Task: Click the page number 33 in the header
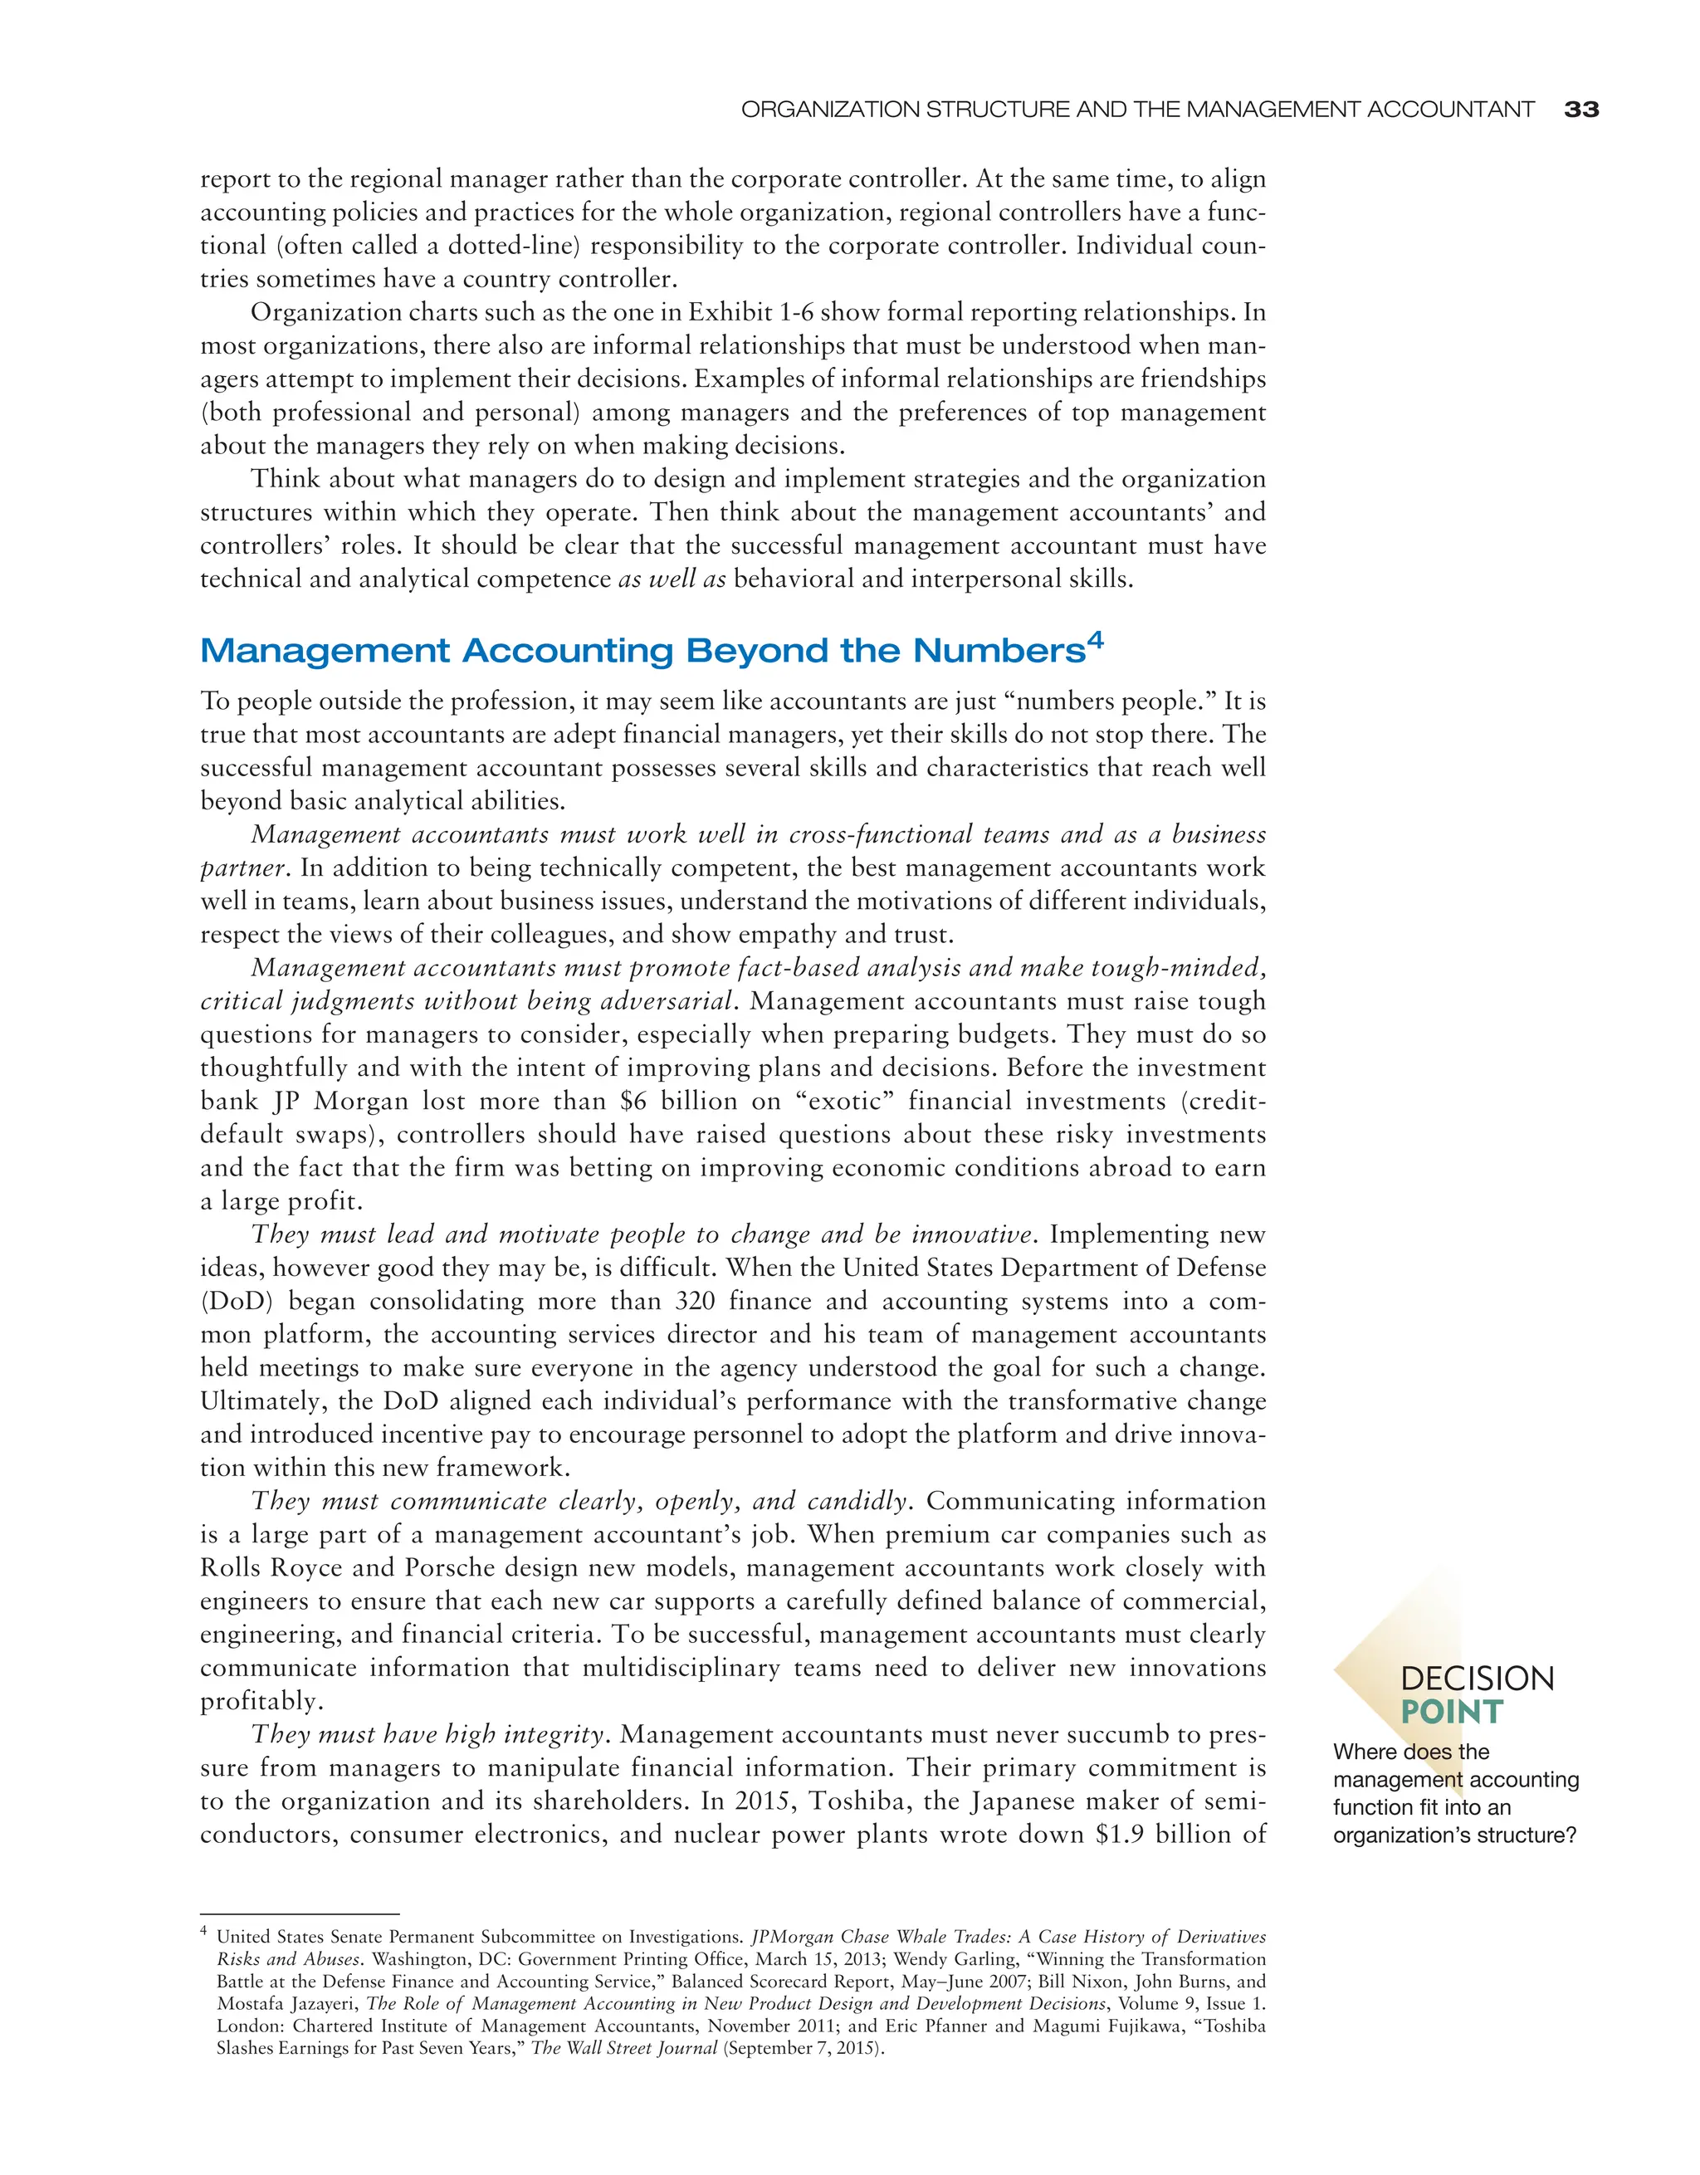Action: coord(1581,110)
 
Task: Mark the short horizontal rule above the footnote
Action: coord(299,1913)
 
